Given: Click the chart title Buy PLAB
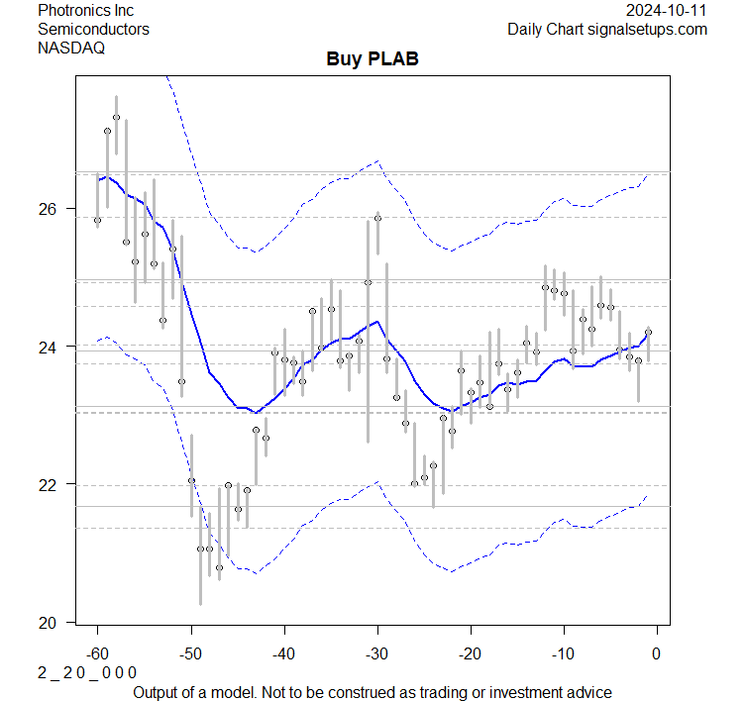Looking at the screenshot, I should [373, 58].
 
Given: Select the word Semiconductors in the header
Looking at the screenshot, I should [93, 29].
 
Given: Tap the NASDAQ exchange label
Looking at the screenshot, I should [71, 47].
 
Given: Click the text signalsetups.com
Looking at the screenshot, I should [649, 29].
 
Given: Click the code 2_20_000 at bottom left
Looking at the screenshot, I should [87, 671].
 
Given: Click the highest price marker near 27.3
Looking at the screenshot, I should [116, 117].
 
